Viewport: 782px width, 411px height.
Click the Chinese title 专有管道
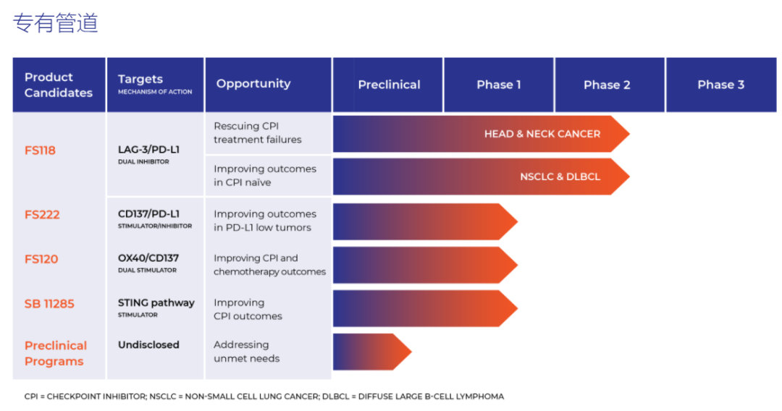tap(55, 23)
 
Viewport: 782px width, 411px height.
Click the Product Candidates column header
tap(59, 85)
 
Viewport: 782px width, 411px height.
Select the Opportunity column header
tap(253, 84)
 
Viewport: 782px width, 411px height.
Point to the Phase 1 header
tap(499, 85)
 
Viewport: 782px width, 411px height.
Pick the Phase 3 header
tap(720, 85)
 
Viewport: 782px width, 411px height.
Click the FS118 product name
tap(40, 150)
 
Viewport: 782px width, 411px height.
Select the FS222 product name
tap(42, 215)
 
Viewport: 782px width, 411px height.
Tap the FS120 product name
tap(41, 259)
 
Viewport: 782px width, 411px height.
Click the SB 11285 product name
tap(49, 303)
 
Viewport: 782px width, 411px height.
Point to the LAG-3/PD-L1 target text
tap(148, 150)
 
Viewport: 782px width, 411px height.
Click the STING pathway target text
tap(156, 303)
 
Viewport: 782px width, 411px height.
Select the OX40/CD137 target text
tap(148, 258)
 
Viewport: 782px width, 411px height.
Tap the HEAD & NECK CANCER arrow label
tap(542, 134)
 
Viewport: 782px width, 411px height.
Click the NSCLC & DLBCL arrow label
tap(560, 177)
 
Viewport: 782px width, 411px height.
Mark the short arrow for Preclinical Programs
tap(372, 352)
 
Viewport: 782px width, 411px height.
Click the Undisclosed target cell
tap(148, 344)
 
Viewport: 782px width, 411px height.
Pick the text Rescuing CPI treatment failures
tap(257, 133)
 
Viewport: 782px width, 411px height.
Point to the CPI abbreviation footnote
tap(264, 397)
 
